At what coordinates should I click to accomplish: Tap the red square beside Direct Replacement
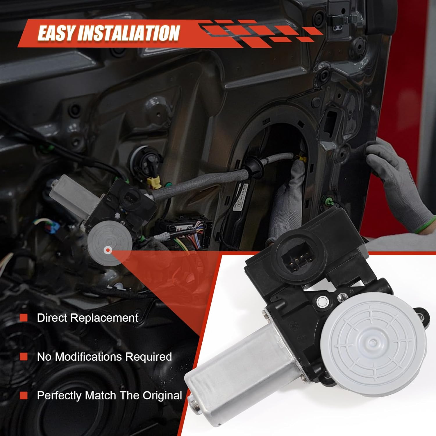pos(24,318)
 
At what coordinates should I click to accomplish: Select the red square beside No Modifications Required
pos(24,356)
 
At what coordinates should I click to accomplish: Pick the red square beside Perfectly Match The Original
pos(24,395)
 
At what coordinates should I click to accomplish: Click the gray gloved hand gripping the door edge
pos(398,180)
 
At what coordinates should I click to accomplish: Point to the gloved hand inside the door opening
pos(286,201)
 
